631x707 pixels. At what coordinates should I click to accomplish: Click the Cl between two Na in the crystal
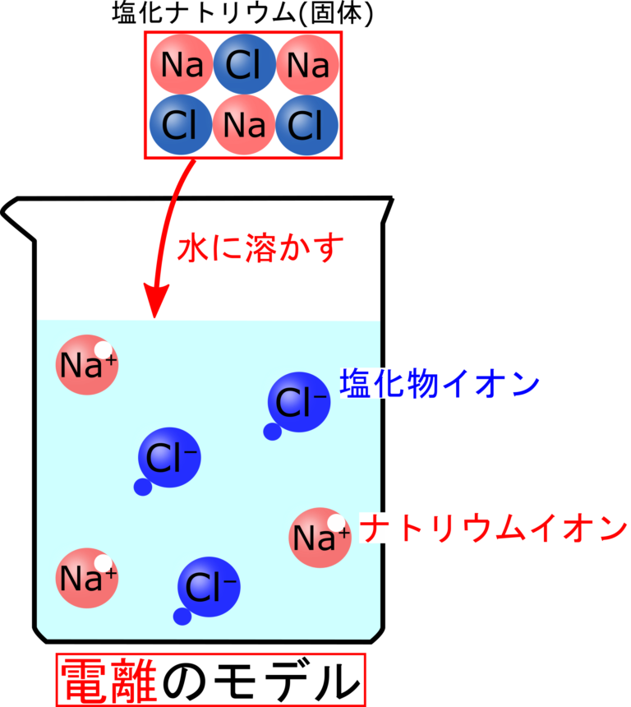click(x=243, y=64)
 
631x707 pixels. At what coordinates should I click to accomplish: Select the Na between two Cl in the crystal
click(x=243, y=125)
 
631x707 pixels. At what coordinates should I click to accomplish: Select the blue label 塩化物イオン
click(x=440, y=384)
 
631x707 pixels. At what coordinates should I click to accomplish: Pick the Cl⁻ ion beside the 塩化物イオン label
click(x=299, y=402)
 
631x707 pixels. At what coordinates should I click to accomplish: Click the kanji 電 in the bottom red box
click(x=85, y=680)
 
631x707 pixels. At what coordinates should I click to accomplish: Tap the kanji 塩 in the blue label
click(x=355, y=384)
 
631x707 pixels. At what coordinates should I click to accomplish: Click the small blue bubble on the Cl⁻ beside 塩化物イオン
click(x=272, y=432)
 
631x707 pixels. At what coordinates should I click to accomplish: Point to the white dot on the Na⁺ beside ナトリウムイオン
click(x=336, y=523)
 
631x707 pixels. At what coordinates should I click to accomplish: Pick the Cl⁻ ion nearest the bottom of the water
click(x=208, y=587)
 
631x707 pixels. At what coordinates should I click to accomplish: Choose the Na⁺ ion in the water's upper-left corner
click(x=86, y=364)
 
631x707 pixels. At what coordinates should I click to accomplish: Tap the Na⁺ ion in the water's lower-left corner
click(x=86, y=578)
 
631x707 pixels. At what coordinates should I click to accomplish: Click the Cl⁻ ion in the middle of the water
click(x=169, y=457)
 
